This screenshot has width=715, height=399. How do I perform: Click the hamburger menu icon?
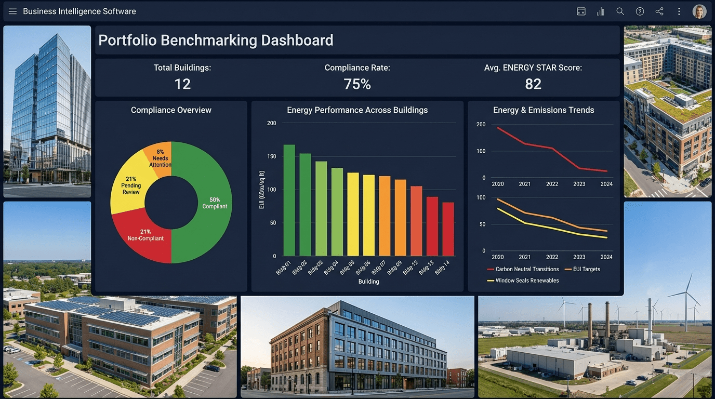12,11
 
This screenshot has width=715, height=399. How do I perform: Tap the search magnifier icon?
620,11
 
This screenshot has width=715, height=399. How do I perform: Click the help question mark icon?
640,11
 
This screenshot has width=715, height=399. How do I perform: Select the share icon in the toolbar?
659,11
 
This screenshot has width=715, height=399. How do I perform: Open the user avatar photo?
699,11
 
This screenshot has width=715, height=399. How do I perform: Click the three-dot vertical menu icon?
679,11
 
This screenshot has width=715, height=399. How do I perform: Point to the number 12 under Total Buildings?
182,84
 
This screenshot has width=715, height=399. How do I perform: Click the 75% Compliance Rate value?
357,84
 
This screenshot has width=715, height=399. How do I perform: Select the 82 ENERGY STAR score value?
533,84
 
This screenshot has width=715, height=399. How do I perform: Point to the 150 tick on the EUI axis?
271,156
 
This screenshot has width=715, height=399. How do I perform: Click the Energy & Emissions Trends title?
544,110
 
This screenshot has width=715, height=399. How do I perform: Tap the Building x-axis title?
368,282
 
